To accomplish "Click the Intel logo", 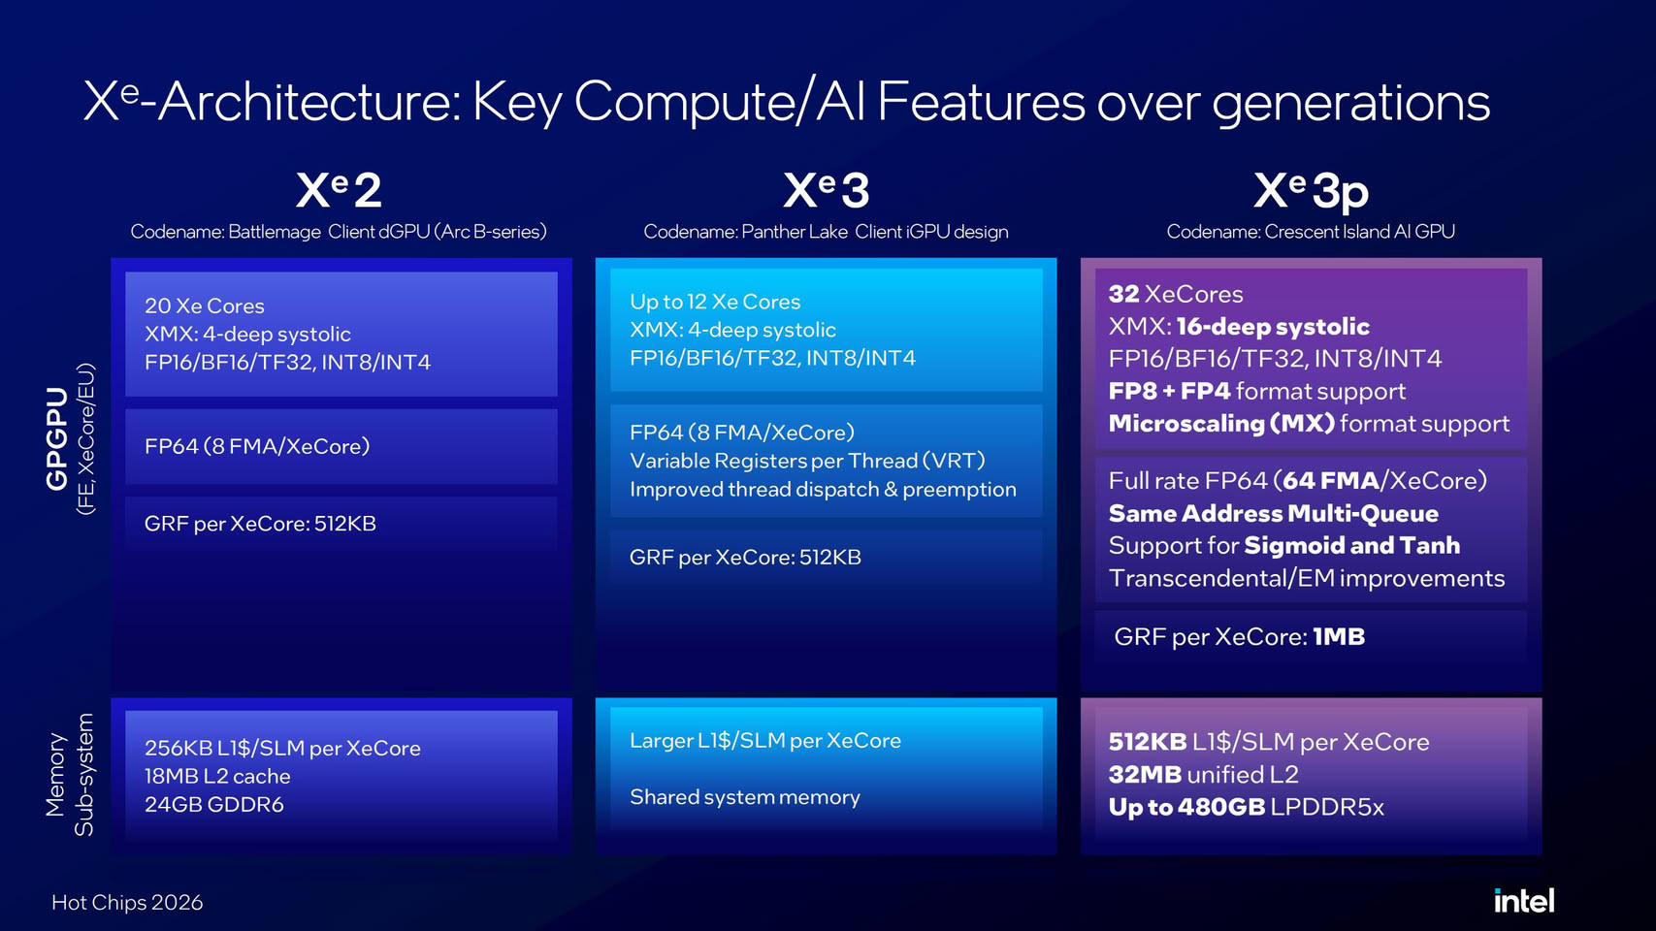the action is coord(1524,901).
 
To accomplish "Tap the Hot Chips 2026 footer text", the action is coord(127,902).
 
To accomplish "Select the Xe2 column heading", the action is coord(339,190).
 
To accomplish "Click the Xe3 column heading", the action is coord(826,190).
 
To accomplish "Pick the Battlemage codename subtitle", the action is coord(339,231).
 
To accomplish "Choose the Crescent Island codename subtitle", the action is coord(1311,231).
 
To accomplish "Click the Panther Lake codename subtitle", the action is coord(826,231).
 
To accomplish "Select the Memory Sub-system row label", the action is coord(70,774).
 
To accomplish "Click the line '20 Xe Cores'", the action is coord(204,305).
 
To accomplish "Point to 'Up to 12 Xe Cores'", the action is coord(715,303).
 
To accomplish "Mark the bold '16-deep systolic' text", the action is coord(1272,327).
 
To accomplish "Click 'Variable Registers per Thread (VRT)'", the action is coord(807,461).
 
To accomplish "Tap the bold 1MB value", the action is coord(1339,636).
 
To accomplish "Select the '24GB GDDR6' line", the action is coord(213,804).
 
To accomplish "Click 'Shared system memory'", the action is coord(744,797).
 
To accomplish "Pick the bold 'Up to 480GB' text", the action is coord(1186,807).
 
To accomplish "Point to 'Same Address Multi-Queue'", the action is coord(1273,514).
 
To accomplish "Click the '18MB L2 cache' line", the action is coord(217,776).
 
